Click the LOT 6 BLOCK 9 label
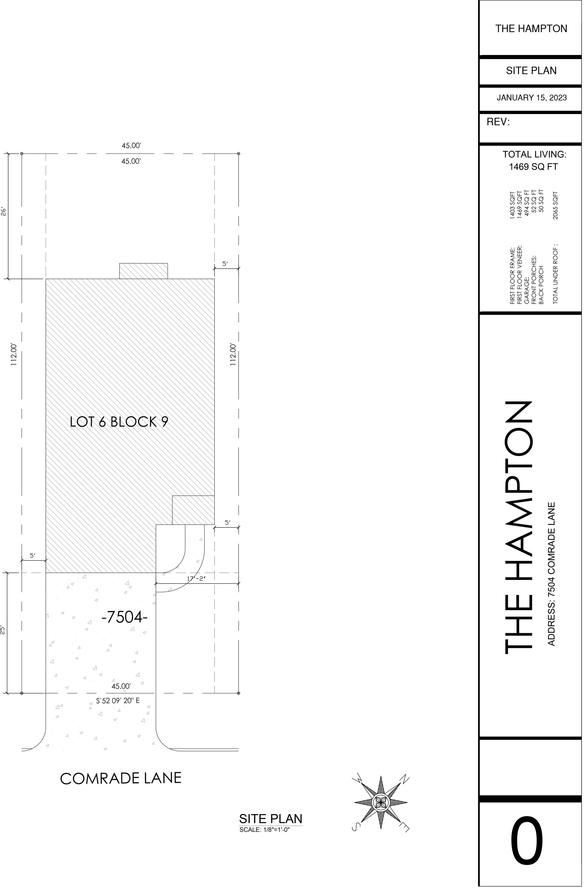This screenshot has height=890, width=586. pos(119,422)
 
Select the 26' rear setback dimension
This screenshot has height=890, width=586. pos(3,212)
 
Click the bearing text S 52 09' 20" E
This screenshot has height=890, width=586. pos(118,701)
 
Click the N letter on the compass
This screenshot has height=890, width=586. pos(405,779)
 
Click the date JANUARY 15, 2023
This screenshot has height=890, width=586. pos(531,98)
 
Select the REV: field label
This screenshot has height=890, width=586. pos(498,122)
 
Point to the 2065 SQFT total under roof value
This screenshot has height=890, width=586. pos(555,205)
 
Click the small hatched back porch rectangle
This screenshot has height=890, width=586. pos(144,271)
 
